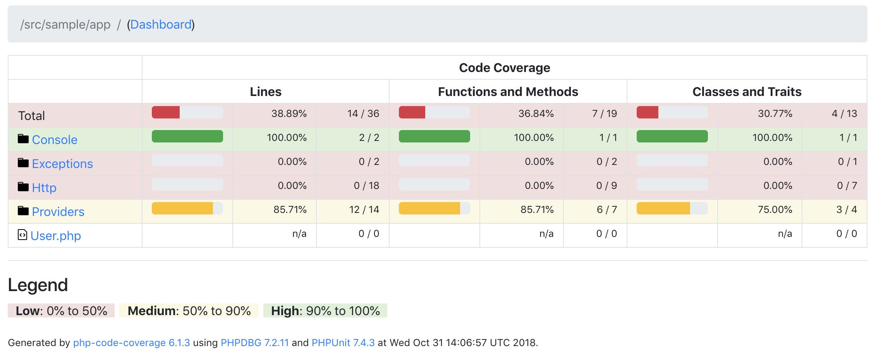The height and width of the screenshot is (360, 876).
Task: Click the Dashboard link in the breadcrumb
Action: tap(161, 25)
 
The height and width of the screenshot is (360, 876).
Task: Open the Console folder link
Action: tap(55, 140)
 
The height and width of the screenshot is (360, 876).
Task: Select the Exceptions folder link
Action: tap(62, 164)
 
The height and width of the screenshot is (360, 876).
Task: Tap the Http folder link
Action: tap(44, 188)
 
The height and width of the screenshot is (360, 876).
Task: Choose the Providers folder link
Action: tap(58, 212)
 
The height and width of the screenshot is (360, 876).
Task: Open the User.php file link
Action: tap(55, 236)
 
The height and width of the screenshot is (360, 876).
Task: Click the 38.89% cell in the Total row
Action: tap(289, 114)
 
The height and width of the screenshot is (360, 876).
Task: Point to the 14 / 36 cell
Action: tap(363, 114)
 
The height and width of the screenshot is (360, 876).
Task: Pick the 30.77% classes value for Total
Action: tap(775, 114)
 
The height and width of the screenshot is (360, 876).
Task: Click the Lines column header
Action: tap(266, 92)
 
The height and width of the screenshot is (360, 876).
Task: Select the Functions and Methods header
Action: tap(508, 92)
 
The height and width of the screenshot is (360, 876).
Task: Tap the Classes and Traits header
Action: tap(747, 92)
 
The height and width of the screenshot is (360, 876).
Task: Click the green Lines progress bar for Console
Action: tap(187, 136)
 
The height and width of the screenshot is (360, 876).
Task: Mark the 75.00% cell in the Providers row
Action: tap(775, 210)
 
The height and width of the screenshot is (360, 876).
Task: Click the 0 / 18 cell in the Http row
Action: tap(366, 186)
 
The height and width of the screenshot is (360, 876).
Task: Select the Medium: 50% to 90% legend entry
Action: tap(189, 311)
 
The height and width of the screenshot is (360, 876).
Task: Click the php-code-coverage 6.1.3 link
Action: tap(131, 343)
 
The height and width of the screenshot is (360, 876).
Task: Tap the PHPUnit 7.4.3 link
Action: tap(343, 343)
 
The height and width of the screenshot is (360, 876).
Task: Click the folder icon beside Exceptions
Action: tap(23, 163)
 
